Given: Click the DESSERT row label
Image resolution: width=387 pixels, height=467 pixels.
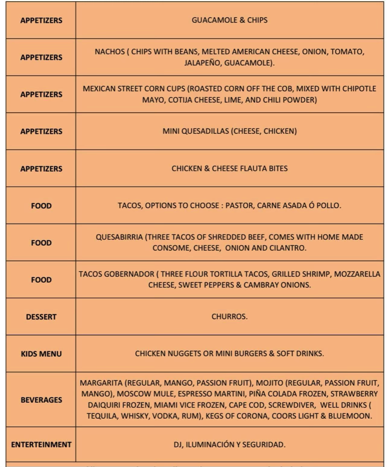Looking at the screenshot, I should (x=41, y=317).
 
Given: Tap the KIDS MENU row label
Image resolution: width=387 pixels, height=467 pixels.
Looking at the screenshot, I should (x=41, y=354).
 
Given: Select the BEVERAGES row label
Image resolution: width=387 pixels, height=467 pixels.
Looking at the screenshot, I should (x=41, y=400).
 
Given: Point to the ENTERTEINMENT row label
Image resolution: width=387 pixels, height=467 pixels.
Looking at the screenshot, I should (x=41, y=444).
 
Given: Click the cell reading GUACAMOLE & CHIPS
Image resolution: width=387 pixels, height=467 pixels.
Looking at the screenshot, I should (x=229, y=20).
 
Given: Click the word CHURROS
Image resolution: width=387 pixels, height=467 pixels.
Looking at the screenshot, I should (x=229, y=316).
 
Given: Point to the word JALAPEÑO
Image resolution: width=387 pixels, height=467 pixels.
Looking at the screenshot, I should (x=202, y=63).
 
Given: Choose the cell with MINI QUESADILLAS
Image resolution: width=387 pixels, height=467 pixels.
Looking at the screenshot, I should (x=229, y=131).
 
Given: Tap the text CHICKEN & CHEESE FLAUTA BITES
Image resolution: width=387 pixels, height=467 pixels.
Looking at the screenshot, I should (x=229, y=169).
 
